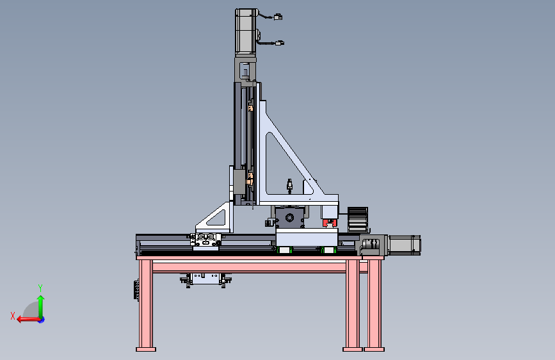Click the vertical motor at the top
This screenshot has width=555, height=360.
click(x=246, y=32)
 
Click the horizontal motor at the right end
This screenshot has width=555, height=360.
click(x=405, y=245)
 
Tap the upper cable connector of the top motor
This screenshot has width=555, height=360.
click(x=278, y=17)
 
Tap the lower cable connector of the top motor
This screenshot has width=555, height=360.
click(x=280, y=43)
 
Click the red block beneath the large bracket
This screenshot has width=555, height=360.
click(x=330, y=223)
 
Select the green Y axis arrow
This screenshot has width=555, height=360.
click(x=41, y=306)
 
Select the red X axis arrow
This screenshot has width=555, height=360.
click(x=28, y=320)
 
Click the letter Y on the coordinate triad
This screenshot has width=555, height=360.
click(x=40, y=288)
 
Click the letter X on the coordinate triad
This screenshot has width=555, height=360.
click(x=13, y=316)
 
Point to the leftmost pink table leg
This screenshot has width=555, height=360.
click(x=146, y=304)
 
